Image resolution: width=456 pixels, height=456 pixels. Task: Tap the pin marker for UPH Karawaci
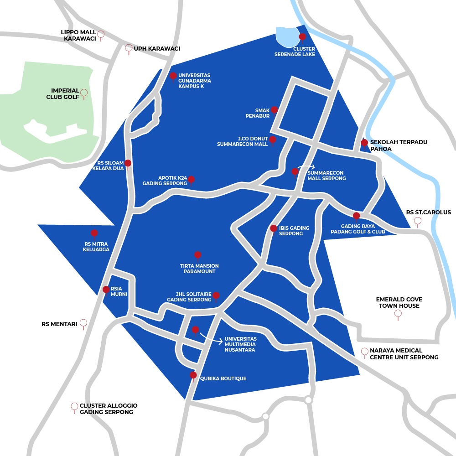tap(129, 48)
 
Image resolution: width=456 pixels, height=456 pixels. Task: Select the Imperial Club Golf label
tap(62, 93)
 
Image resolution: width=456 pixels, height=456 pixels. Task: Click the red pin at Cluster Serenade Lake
tap(302, 37)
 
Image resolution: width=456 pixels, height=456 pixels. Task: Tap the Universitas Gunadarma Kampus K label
tap(194, 81)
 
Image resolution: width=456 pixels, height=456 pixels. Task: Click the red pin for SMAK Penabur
tap(274, 110)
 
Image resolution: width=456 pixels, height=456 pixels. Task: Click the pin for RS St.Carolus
tap(417, 222)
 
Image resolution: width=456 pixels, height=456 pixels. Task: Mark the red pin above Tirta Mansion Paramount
tap(197, 255)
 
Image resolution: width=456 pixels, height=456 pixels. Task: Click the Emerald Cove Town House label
tap(399, 302)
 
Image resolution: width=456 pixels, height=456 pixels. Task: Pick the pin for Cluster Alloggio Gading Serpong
tap(74, 407)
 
